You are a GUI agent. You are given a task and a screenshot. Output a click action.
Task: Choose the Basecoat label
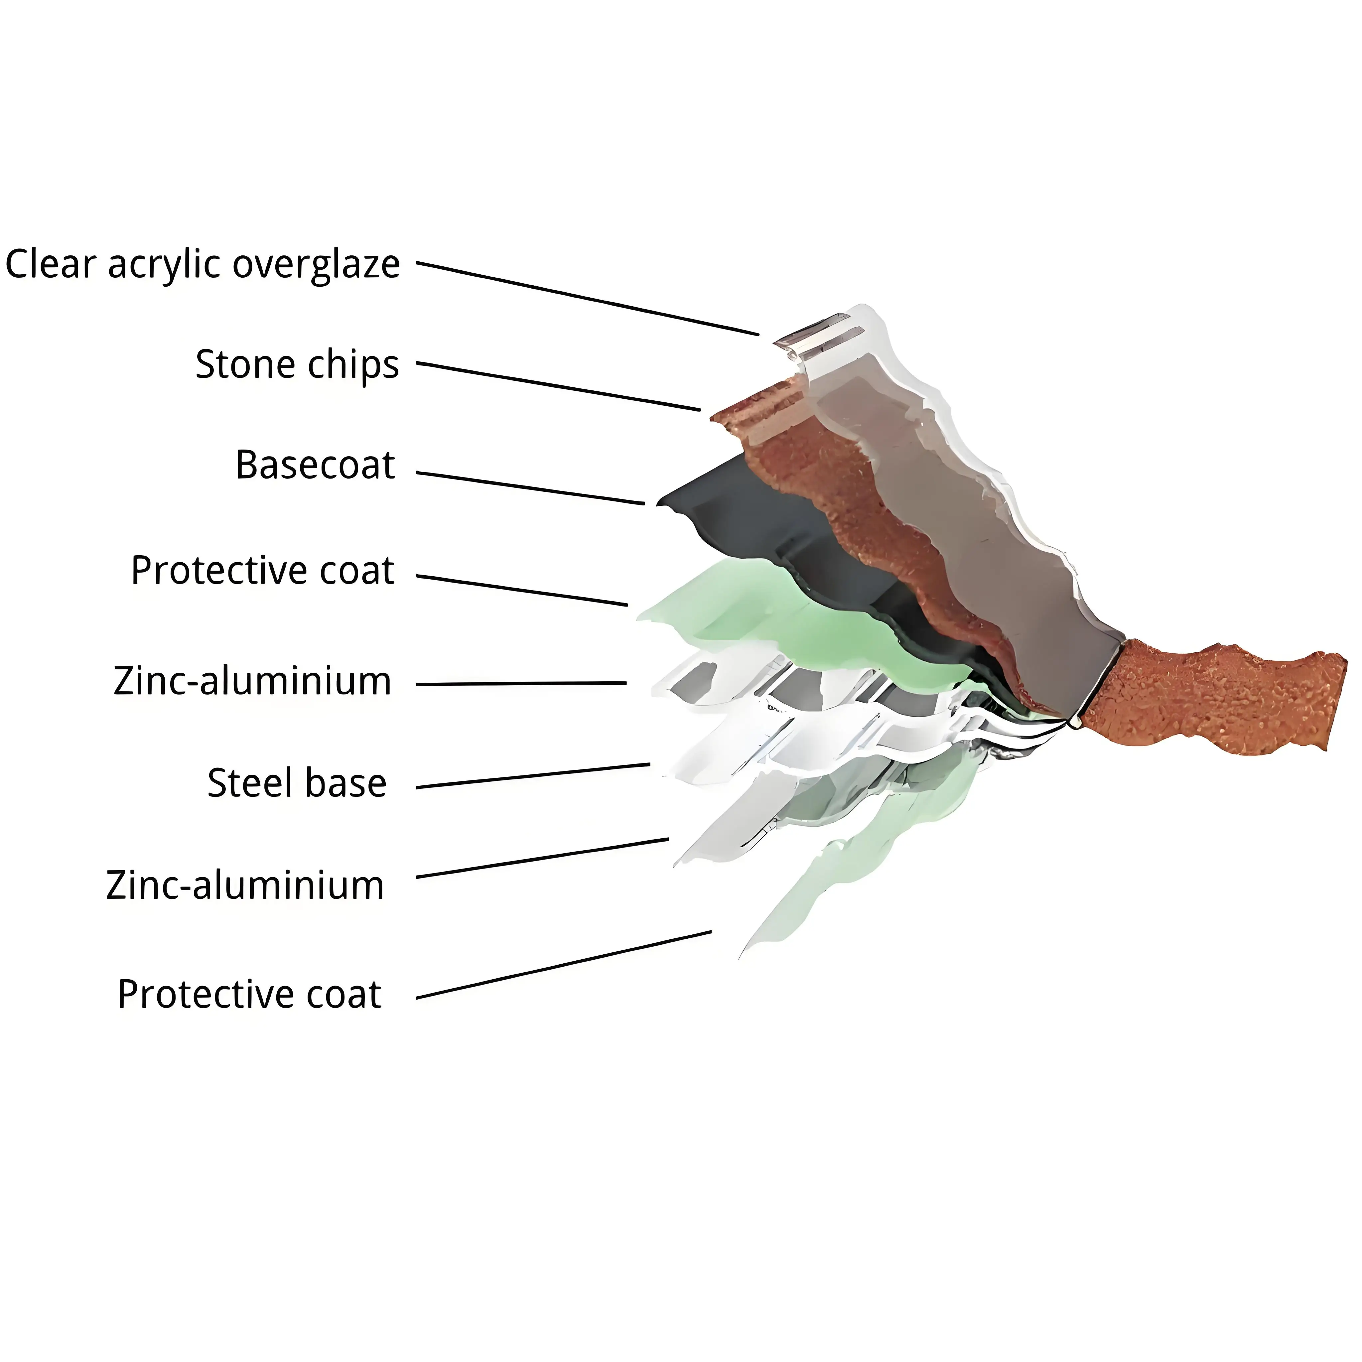[x=315, y=465]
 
